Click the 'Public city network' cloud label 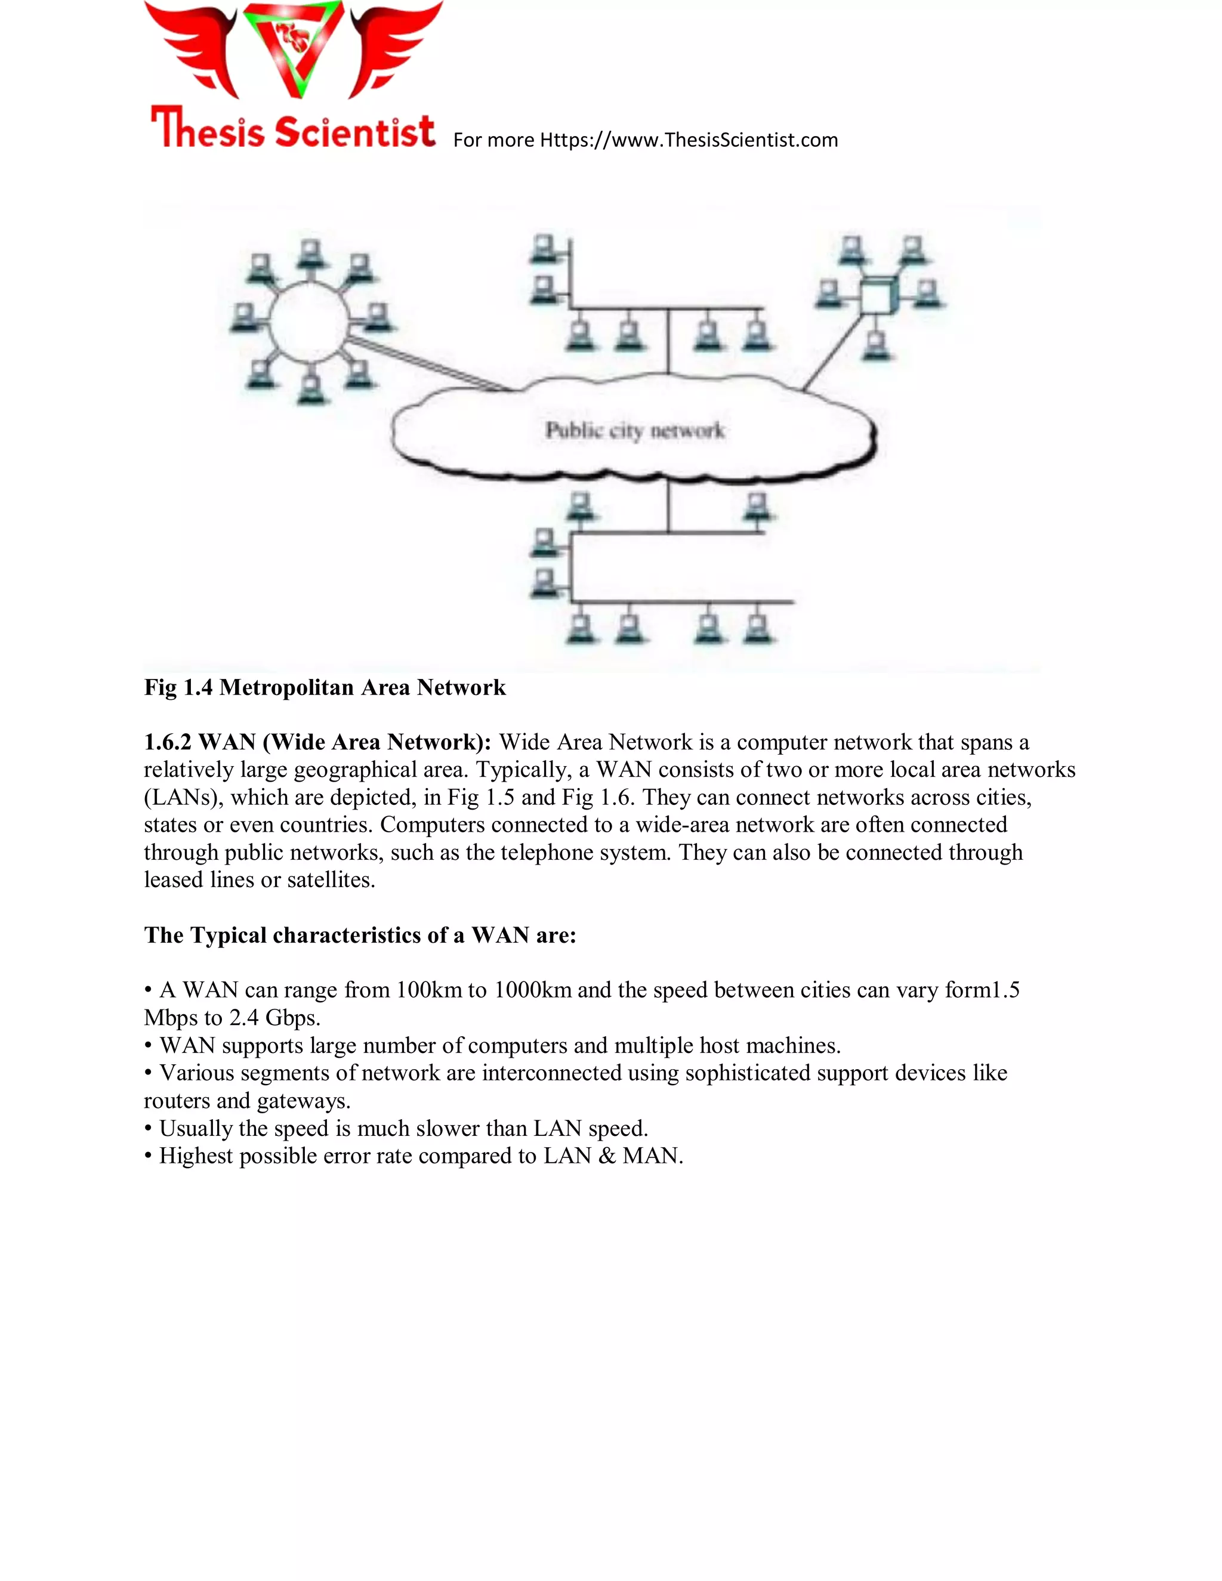coord(634,431)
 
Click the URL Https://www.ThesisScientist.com coord(689,140)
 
